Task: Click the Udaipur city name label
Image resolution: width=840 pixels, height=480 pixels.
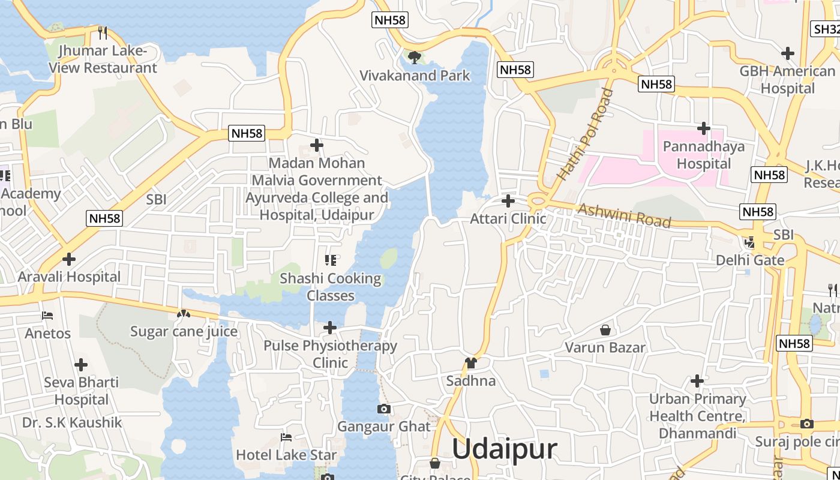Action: point(505,449)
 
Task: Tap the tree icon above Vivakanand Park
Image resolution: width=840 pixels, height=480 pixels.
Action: point(414,58)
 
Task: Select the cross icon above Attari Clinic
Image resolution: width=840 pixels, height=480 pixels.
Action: point(508,201)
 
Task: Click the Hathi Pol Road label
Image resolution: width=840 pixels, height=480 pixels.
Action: point(586,134)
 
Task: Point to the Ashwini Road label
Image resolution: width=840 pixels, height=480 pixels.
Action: point(624,215)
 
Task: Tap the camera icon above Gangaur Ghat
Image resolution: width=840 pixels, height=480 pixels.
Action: point(384,409)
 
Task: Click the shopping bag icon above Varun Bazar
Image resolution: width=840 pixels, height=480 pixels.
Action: point(605,330)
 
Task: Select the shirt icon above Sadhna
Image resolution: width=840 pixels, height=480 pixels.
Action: point(471,363)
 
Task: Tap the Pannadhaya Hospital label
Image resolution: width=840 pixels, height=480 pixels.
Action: point(704,155)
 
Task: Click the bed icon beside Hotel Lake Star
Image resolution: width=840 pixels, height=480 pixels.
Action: point(286,437)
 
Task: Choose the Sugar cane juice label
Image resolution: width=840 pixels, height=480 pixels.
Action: point(184,331)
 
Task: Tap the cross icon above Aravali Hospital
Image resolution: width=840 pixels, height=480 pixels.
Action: point(69,259)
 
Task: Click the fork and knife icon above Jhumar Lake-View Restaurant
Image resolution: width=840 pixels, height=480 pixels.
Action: point(103,32)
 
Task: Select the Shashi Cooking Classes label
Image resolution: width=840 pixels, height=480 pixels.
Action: point(331,287)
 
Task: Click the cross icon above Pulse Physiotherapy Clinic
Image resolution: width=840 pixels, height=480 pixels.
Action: point(330,328)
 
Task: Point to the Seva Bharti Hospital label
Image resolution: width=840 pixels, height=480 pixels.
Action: point(81,391)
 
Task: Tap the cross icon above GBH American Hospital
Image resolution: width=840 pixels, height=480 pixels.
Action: point(788,53)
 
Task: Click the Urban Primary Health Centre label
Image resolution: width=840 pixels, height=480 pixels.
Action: point(697,416)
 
